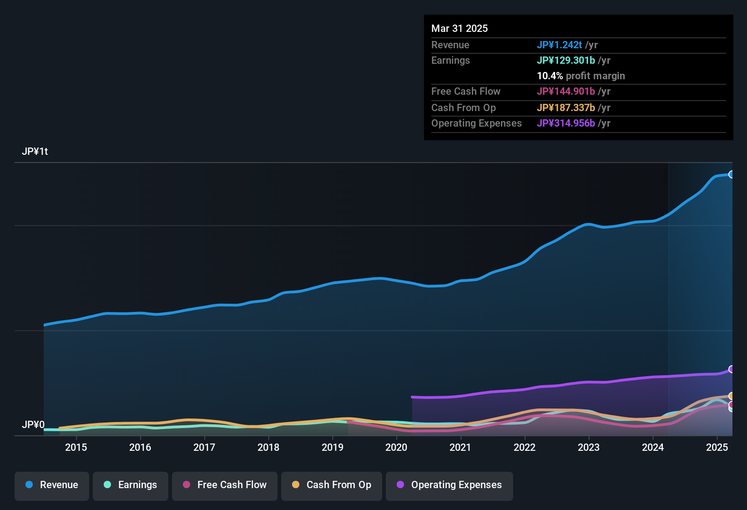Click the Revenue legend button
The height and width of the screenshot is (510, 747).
click(52, 485)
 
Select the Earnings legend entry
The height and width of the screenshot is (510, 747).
click(131, 485)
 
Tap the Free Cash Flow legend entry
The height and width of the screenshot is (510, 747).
click(225, 485)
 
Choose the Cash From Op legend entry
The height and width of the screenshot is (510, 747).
click(332, 485)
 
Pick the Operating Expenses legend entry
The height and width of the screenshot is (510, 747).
click(449, 485)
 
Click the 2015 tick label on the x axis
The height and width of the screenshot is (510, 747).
click(76, 448)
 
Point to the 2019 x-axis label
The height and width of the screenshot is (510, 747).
click(333, 448)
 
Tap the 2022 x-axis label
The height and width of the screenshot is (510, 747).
click(525, 448)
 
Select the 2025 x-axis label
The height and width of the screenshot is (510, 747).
click(717, 448)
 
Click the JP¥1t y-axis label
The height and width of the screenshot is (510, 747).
click(35, 152)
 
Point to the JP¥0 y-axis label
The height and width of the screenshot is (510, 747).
click(33, 425)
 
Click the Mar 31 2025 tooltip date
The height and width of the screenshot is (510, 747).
click(459, 29)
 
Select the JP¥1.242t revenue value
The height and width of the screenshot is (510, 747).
click(559, 45)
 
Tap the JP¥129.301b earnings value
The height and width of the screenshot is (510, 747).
click(565, 61)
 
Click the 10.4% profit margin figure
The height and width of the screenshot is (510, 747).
click(550, 76)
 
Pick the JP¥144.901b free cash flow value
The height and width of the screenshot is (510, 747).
click(565, 92)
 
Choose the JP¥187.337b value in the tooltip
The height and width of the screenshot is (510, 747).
click(565, 108)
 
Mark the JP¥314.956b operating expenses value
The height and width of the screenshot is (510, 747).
click(565, 123)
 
